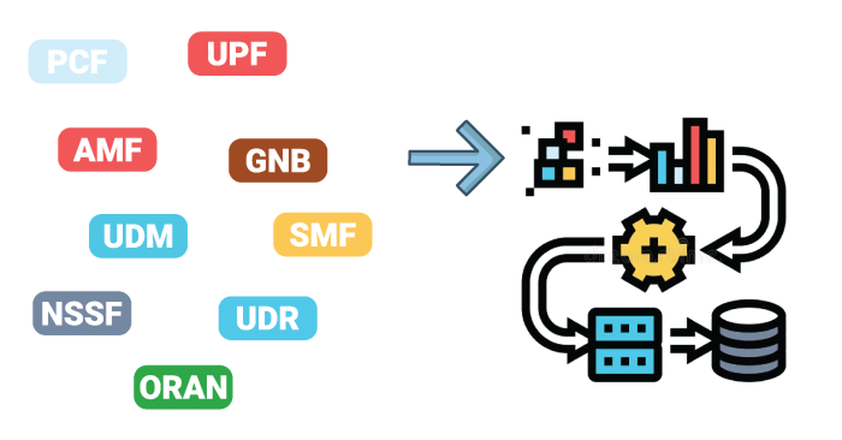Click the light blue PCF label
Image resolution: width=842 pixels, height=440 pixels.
pos(77,61)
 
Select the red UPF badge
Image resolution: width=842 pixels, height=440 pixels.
pos(237,54)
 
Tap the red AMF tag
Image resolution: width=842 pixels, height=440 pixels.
pos(107,149)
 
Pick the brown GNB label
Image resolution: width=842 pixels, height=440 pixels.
pos(278,161)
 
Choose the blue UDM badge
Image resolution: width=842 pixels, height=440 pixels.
pos(137,236)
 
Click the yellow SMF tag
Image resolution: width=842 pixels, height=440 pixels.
pos(322,234)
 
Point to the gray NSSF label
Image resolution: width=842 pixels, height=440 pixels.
pos(81,313)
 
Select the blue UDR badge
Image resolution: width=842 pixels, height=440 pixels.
pos(267,319)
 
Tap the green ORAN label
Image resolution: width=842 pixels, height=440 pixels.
pos(183,387)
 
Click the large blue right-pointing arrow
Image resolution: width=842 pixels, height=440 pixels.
pos(456,158)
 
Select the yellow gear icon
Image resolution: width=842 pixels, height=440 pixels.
pos(653,250)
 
